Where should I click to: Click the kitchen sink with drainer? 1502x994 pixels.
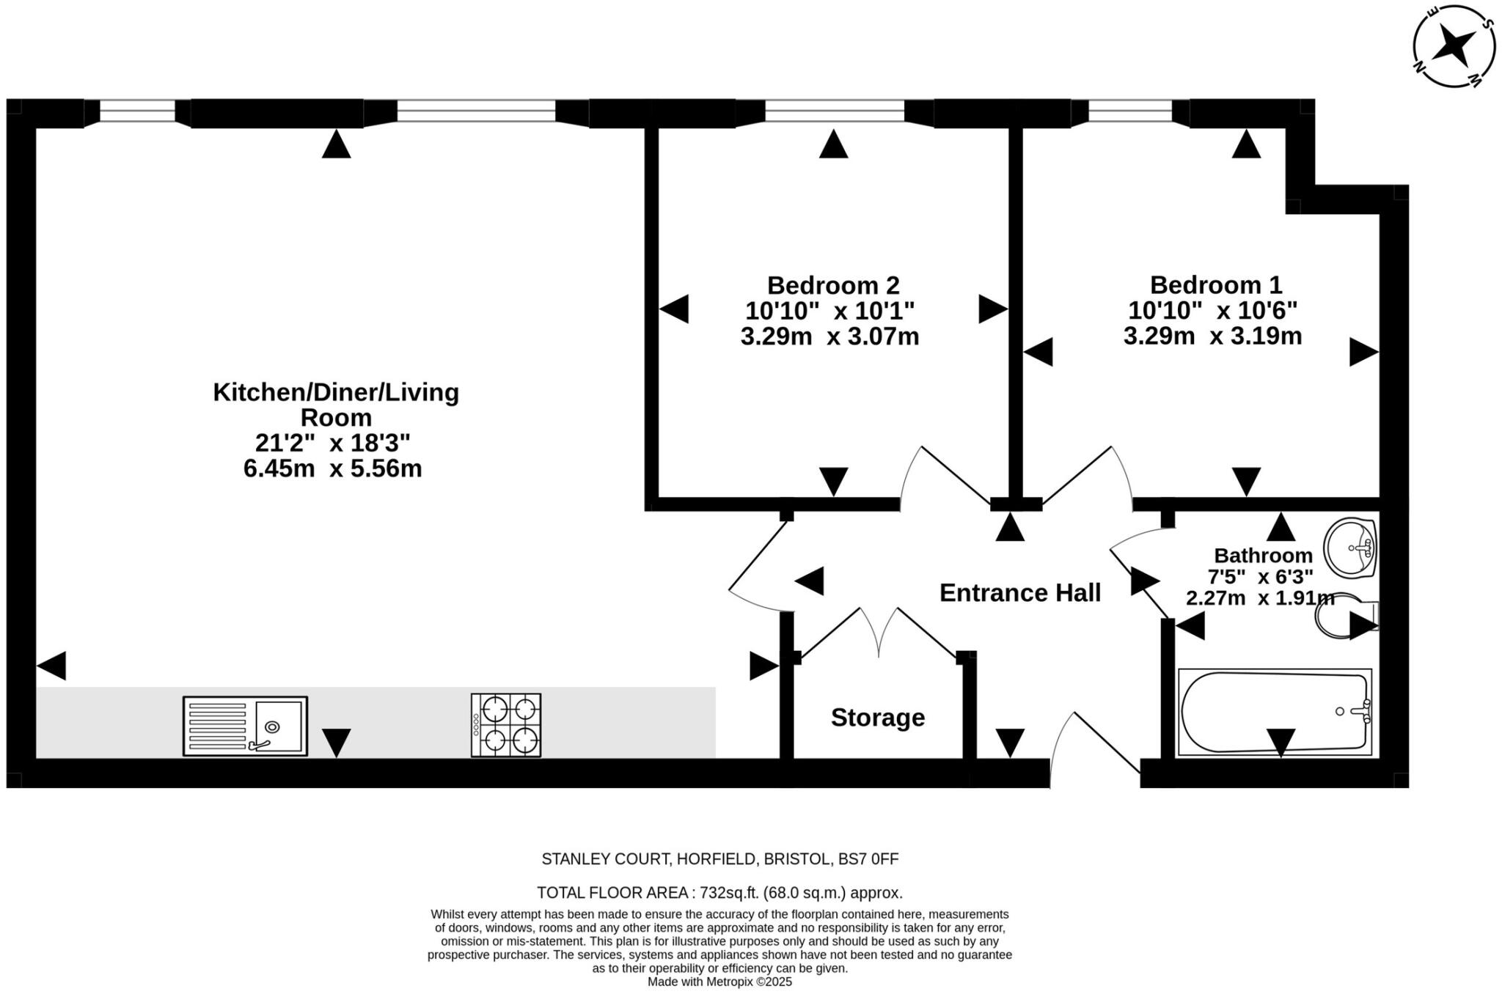click(x=245, y=726)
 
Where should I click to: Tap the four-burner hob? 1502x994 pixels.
click(x=506, y=725)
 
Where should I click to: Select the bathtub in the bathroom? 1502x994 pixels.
click(x=1275, y=712)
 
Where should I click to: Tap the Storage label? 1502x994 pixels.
click(x=878, y=717)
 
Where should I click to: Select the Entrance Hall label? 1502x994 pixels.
click(x=1020, y=592)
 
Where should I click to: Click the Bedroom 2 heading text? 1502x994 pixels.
click(x=833, y=284)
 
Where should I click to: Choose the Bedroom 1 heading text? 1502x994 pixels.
click(x=1216, y=284)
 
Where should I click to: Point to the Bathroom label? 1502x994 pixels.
click(x=1264, y=555)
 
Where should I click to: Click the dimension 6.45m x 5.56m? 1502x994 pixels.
click(x=333, y=468)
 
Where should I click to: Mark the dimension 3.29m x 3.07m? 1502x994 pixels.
click(x=830, y=336)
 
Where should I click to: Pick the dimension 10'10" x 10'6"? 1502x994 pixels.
click(x=1213, y=310)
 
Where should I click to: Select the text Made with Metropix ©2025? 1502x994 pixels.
click(x=719, y=982)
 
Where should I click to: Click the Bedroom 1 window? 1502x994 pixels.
click(x=1130, y=111)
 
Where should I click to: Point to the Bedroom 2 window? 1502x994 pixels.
click(x=835, y=111)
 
